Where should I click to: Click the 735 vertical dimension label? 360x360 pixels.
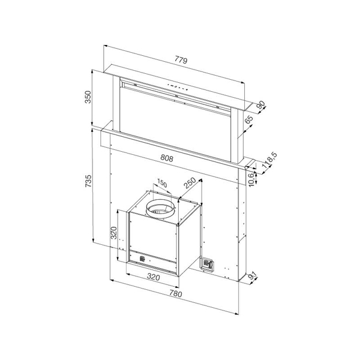coord(88,180)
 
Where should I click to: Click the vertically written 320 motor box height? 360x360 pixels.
coord(113,232)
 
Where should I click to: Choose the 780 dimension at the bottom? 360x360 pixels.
coord(175,295)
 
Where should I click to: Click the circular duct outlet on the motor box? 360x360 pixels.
coord(161,209)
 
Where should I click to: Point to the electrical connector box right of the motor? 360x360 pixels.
coord(208,264)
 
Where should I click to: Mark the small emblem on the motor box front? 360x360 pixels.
coord(142,259)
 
